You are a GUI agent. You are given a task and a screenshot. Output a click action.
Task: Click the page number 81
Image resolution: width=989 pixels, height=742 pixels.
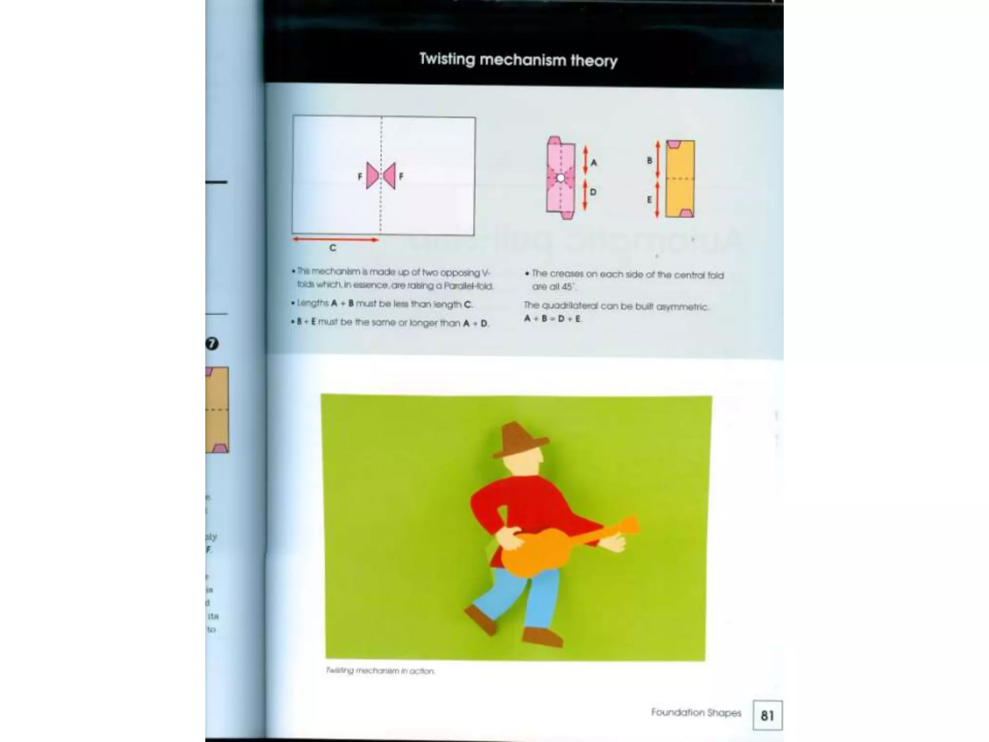click(767, 715)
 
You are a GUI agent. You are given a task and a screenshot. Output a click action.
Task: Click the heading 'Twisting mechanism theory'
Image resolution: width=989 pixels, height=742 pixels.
click(518, 60)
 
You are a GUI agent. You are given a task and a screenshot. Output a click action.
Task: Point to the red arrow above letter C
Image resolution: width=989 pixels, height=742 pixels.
click(335, 239)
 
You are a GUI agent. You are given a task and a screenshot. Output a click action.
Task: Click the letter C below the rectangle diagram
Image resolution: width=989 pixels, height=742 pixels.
click(333, 248)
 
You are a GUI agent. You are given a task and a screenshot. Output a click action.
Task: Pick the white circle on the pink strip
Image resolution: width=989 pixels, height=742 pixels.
click(561, 178)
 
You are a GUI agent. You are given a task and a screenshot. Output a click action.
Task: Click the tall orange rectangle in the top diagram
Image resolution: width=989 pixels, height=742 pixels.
click(680, 179)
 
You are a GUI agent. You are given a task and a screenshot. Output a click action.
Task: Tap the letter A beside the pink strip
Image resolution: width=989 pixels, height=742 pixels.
click(594, 163)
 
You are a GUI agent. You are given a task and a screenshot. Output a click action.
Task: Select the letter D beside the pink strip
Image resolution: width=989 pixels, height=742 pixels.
click(593, 192)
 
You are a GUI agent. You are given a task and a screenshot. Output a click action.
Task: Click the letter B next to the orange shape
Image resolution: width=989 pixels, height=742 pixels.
click(650, 160)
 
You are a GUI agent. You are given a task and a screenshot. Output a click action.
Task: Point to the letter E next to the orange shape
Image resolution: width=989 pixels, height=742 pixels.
click(650, 200)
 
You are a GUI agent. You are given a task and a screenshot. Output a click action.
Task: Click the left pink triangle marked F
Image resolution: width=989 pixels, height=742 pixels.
click(372, 176)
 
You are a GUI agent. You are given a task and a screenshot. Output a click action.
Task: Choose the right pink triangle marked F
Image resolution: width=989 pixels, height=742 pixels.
click(390, 176)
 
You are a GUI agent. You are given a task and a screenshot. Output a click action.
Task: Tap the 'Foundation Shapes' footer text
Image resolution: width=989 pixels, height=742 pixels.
click(696, 713)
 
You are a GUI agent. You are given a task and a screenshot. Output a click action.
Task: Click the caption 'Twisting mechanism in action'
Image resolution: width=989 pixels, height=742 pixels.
click(381, 671)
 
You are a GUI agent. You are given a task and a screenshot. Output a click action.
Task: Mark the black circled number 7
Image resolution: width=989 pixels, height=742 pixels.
click(212, 343)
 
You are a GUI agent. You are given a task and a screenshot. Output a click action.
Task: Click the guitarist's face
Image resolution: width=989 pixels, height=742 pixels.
click(524, 464)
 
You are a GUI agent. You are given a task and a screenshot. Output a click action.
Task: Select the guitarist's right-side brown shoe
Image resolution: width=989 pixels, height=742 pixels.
click(543, 636)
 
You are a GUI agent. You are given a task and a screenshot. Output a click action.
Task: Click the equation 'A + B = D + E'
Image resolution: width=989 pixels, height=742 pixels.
click(553, 319)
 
